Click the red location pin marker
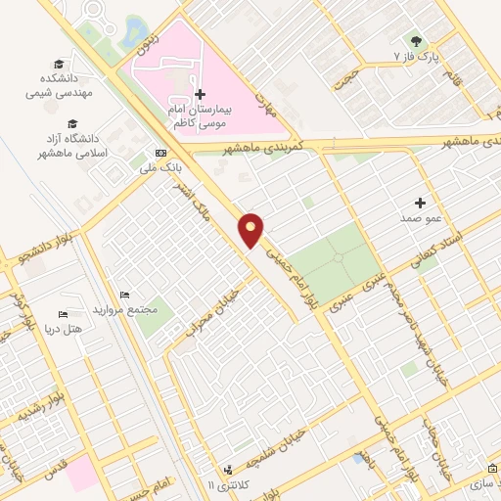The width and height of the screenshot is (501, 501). click(x=251, y=229)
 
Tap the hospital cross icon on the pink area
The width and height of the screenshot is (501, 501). click(x=201, y=95)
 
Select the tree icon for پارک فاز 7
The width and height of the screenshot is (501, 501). click(x=418, y=42)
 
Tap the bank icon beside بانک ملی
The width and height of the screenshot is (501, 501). click(x=159, y=154)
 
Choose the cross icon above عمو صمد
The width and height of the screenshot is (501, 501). click(x=421, y=203)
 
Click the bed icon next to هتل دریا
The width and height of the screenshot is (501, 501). click(x=62, y=316)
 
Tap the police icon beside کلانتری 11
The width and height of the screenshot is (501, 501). click(x=227, y=471)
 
